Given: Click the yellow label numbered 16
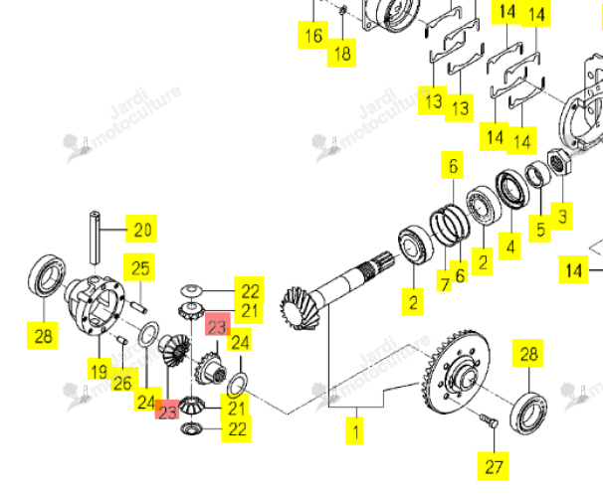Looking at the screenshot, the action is click(313, 36).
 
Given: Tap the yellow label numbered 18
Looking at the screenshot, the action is click(341, 53).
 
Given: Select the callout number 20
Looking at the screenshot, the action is click(141, 229).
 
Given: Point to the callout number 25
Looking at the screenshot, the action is click(139, 267).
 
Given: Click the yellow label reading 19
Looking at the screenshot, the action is click(99, 371).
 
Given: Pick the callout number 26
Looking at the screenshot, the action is click(122, 382).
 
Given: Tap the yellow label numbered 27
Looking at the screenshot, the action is click(493, 466).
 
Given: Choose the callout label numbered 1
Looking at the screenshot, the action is click(354, 431).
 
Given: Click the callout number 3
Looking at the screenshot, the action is click(562, 217).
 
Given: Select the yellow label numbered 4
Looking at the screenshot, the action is click(509, 247).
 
